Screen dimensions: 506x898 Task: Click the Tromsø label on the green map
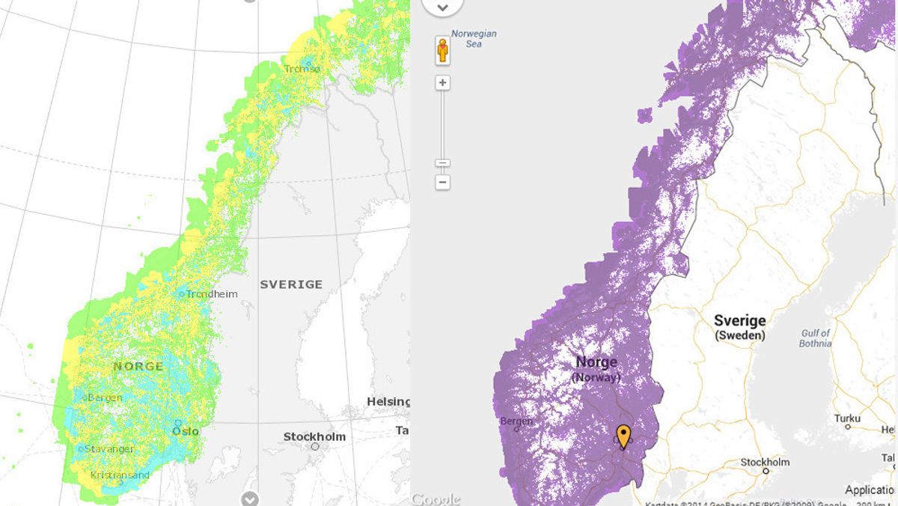pos(302,69)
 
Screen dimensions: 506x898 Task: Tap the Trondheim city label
pos(212,294)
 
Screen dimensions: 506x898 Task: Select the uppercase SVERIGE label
pos(291,284)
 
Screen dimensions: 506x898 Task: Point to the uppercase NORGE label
pos(138,366)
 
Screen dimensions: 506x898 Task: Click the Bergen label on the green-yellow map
pos(105,397)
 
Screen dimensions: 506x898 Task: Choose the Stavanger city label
pos(109,449)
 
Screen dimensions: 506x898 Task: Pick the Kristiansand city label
pos(120,475)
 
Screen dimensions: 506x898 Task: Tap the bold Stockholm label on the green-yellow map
pos(314,436)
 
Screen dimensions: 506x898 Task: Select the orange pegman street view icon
pos(443,51)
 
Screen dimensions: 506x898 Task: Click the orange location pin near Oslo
pos(623,436)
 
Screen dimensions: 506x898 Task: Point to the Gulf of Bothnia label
pos(815,338)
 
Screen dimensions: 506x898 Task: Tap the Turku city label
pos(847,418)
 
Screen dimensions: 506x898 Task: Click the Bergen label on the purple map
pos(516,421)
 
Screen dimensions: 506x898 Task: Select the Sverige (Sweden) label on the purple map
pos(739,328)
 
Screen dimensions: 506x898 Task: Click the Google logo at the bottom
pos(435,499)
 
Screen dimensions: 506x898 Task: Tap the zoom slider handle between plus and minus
pos(443,162)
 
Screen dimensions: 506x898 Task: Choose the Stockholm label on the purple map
pos(765,462)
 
